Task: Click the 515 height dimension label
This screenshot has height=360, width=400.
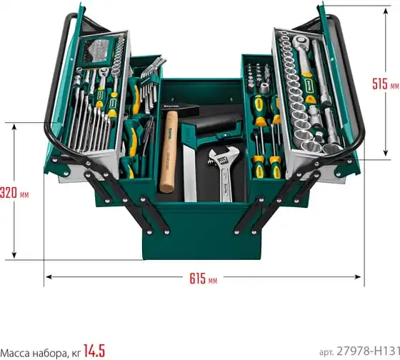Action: pos(379,84)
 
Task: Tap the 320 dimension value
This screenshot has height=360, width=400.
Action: pos(9,193)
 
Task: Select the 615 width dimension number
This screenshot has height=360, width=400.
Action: pos(197,279)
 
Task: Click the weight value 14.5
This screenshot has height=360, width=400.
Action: pos(94,351)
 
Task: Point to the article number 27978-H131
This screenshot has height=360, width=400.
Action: pos(368,351)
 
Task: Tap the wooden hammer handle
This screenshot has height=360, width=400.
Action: pos(169,151)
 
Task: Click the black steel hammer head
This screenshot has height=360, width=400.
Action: pos(180,108)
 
